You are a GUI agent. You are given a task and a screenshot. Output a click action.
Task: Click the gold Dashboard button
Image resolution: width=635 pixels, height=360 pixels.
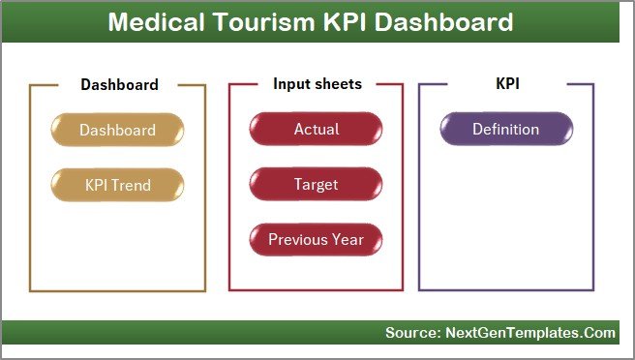117,130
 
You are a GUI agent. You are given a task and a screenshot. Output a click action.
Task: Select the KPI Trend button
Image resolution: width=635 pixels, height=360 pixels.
117,184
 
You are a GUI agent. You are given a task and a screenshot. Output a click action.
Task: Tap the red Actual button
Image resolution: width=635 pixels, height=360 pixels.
317,130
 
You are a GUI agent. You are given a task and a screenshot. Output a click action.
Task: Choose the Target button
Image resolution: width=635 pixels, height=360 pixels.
317,184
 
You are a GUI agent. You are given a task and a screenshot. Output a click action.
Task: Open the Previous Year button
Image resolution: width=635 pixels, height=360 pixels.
317,239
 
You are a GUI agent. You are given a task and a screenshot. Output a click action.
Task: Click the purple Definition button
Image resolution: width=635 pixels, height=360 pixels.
505,130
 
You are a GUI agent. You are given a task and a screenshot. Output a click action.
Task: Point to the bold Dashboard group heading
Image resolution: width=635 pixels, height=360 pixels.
119,85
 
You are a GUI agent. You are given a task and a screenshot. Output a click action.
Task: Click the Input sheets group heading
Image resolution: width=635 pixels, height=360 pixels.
317,84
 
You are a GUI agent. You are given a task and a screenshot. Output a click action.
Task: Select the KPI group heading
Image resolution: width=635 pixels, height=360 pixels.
506,84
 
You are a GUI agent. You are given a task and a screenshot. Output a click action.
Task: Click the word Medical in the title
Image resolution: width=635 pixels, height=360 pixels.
153,22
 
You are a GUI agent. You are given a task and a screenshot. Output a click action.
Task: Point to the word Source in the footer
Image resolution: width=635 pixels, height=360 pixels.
411,333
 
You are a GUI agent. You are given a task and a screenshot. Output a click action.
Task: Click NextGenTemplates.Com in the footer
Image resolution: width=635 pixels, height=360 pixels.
529,333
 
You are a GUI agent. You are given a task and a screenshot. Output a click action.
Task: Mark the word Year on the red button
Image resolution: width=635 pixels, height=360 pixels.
348,239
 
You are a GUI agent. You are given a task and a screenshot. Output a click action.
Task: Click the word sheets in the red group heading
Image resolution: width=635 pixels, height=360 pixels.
337,84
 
